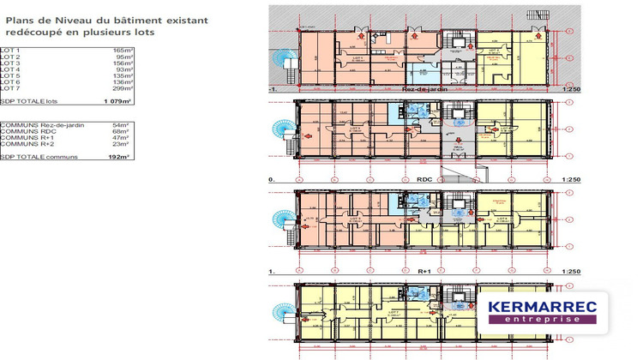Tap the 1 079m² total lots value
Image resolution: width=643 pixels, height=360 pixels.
[x=117, y=101]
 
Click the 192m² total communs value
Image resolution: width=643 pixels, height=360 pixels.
[x=119, y=157]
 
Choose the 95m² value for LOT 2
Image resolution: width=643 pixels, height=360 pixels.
[x=123, y=57]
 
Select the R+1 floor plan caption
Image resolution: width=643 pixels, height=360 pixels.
[x=423, y=271]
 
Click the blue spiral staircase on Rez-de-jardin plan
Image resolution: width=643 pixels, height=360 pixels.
[x=282, y=57]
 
